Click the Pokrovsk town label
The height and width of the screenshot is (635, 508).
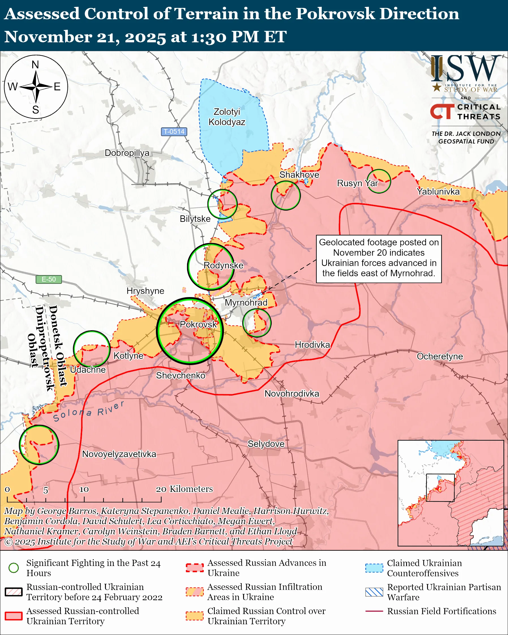coord(198,324)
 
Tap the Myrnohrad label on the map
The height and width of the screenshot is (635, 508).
coord(246,303)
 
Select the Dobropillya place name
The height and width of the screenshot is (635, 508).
coord(127,153)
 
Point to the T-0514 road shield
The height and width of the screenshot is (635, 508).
coord(174,131)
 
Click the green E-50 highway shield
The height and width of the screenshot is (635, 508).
coord(49,279)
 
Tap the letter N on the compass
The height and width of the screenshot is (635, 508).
coord(35,65)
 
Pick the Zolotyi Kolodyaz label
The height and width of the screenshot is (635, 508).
coord(227,117)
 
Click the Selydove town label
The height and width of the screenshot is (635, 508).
coord(266,443)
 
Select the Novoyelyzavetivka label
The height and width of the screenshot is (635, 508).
coord(119,454)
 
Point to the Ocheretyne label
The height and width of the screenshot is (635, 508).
coord(440,356)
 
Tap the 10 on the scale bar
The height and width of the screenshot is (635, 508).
coord(84,489)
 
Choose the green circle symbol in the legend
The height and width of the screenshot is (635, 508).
coord(14,568)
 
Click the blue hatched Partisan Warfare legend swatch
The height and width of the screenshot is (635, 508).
coord(374,592)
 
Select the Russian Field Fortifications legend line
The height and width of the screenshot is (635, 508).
coord(374,611)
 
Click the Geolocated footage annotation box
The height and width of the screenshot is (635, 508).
coord(379,259)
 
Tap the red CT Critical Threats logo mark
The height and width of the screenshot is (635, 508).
coord(442,111)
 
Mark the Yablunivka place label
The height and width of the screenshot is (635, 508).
coord(438,192)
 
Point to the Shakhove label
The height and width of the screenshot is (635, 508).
coord(299,175)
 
